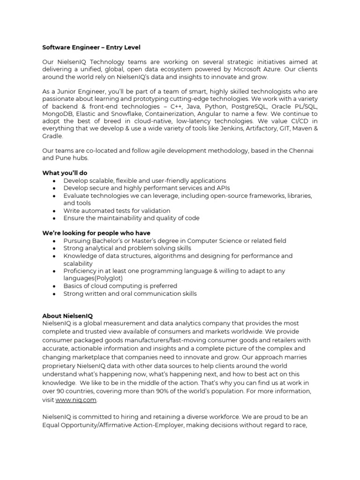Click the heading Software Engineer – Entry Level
click(x=91, y=47)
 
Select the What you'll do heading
click(x=65, y=173)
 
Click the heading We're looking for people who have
click(x=96, y=233)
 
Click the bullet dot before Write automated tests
click(x=56, y=211)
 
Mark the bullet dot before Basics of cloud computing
click(x=56, y=286)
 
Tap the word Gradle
click(x=52, y=136)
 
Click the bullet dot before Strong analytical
click(x=56, y=248)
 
